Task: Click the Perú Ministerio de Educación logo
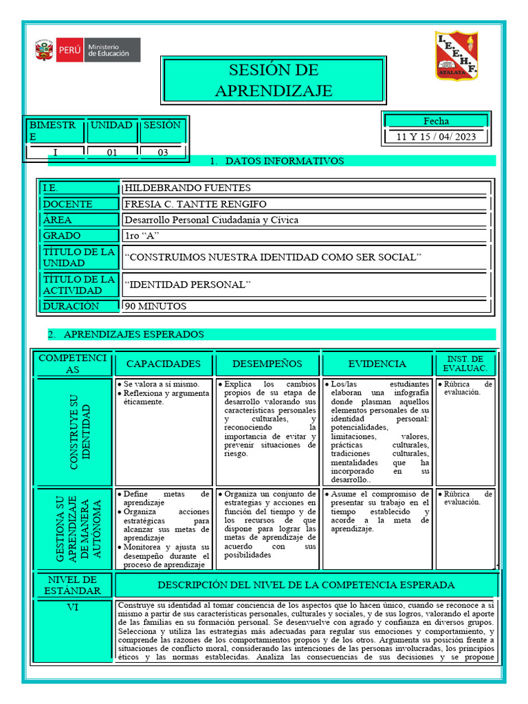coord(87,50)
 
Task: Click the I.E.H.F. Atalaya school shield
coord(456,55)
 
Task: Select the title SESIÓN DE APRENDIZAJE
coord(273,80)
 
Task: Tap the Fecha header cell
coord(436,121)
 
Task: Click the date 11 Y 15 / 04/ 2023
coord(436,136)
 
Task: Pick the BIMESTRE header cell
coord(54,131)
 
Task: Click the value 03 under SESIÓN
coord(162,153)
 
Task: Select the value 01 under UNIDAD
coord(111,153)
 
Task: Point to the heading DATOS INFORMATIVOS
coord(284,161)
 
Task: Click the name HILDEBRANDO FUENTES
coord(188,188)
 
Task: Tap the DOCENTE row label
coord(67,204)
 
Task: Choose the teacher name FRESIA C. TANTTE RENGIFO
coord(195,204)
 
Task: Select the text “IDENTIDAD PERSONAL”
coord(188,285)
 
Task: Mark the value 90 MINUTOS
coord(155,306)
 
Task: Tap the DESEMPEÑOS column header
coord(267,364)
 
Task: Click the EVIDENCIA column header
coord(377,364)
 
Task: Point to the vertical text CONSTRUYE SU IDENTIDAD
coord(72,432)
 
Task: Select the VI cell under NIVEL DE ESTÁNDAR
coord(72,607)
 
